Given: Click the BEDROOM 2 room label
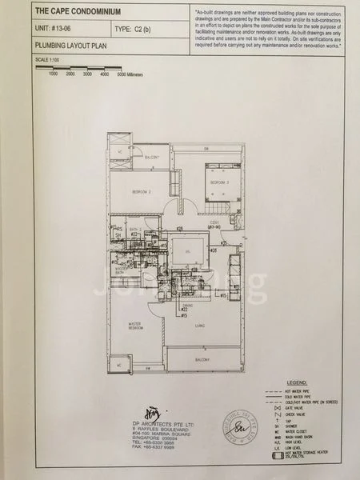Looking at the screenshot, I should click(x=142, y=193).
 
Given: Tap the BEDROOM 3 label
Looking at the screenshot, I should click(x=219, y=183).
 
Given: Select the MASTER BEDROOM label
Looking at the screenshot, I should click(x=133, y=326).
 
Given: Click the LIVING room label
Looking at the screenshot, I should click(x=198, y=326).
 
